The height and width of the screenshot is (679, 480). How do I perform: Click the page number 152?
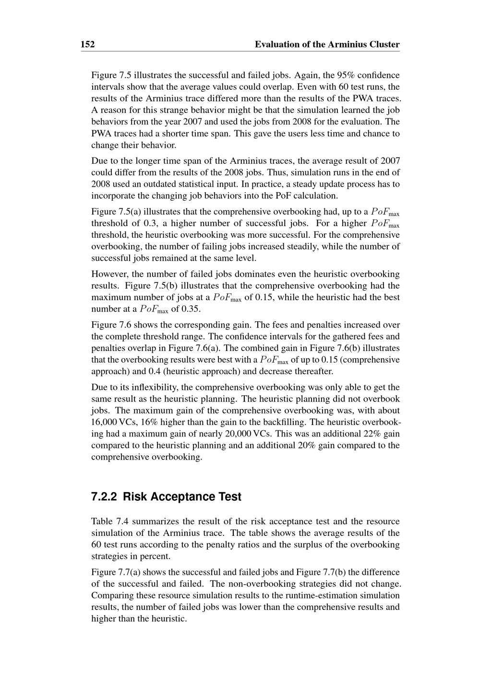coord(87,45)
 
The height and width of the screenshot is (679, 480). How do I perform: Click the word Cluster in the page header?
coord(384,45)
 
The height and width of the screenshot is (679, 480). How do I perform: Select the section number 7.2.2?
coord(104,497)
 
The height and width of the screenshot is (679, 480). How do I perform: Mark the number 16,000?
coord(104,422)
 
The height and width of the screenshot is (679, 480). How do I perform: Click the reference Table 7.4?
coord(109,521)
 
